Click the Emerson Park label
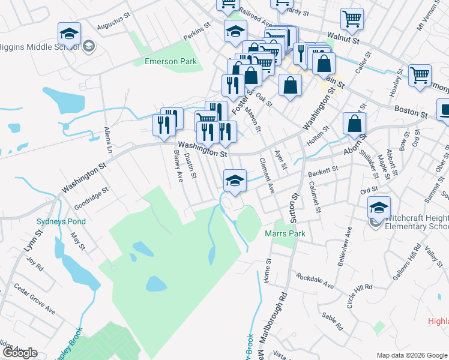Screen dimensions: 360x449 click(x=170, y=61)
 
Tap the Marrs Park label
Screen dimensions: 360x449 click(x=285, y=233)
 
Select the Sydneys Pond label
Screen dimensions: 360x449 click(x=61, y=221)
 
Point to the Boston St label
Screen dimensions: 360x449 click(x=411, y=112)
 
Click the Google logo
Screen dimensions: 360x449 click(x=20, y=353)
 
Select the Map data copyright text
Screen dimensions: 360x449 click(x=411, y=355)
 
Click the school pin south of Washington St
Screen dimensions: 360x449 click(x=235, y=180)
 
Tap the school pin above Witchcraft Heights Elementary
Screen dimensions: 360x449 click(x=379, y=208)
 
